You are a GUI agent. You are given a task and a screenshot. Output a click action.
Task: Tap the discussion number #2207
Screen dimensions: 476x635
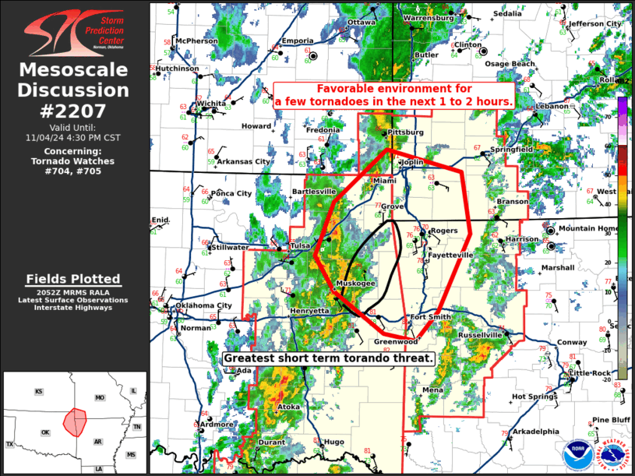[74, 111]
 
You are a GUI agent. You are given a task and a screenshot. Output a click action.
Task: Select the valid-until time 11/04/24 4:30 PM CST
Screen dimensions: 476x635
[74, 137]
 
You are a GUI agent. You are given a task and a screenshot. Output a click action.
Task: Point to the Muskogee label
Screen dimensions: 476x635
[356, 284]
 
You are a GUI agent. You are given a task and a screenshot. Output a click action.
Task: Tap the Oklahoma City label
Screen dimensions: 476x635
[203, 305]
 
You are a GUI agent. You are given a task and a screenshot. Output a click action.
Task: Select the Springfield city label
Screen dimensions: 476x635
[511, 149]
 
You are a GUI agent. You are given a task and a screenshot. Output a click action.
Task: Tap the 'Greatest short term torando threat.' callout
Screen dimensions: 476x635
[328, 358]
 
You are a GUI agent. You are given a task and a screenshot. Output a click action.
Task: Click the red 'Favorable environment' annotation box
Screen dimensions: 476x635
[394, 95]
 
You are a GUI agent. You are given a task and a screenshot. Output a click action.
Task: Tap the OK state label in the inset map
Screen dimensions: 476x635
[45, 432]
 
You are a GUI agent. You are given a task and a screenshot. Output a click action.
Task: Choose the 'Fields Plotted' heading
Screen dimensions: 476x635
[74, 278]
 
